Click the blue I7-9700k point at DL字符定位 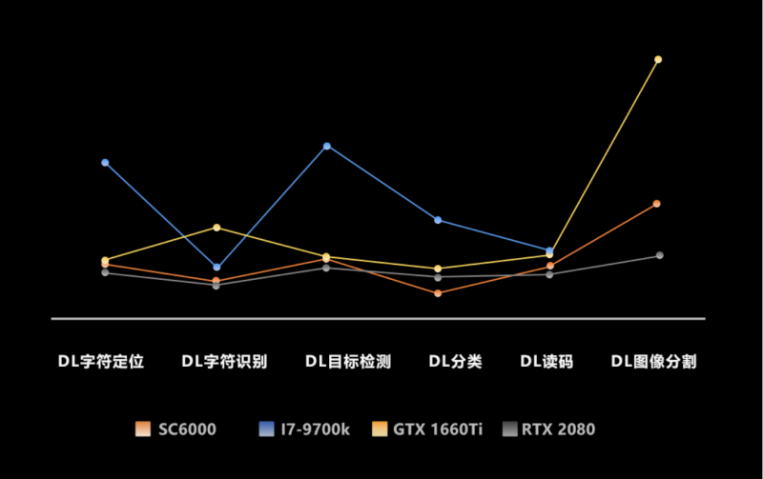pyautogui.click(x=105, y=163)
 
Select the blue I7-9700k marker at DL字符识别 pyautogui.click(x=217, y=267)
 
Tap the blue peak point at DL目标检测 pyautogui.click(x=327, y=146)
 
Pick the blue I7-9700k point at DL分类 pyautogui.click(x=438, y=220)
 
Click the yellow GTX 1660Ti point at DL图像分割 pyautogui.click(x=658, y=59)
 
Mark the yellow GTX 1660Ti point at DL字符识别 pyautogui.click(x=217, y=228)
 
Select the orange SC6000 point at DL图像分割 pyautogui.click(x=657, y=204)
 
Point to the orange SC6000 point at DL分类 pyautogui.click(x=438, y=293)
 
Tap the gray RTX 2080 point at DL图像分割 pyautogui.click(x=659, y=255)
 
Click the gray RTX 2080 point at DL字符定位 pyautogui.click(x=105, y=273)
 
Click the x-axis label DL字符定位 pyautogui.click(x=100, y=362)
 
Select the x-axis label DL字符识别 pyautogui.click(x=224, y=362)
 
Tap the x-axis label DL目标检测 pyautogui.click(x=348, y=362)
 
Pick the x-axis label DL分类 pyautogui.click(x=455, y=362)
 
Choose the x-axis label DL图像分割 pyautogui.click(x=653, y=362)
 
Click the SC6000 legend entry pyautogui.click(x=176, y=429)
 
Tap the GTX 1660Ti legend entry pyautogui.click(x=427, y=429)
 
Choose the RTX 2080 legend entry pyautogui.click(x=553, y=429)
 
